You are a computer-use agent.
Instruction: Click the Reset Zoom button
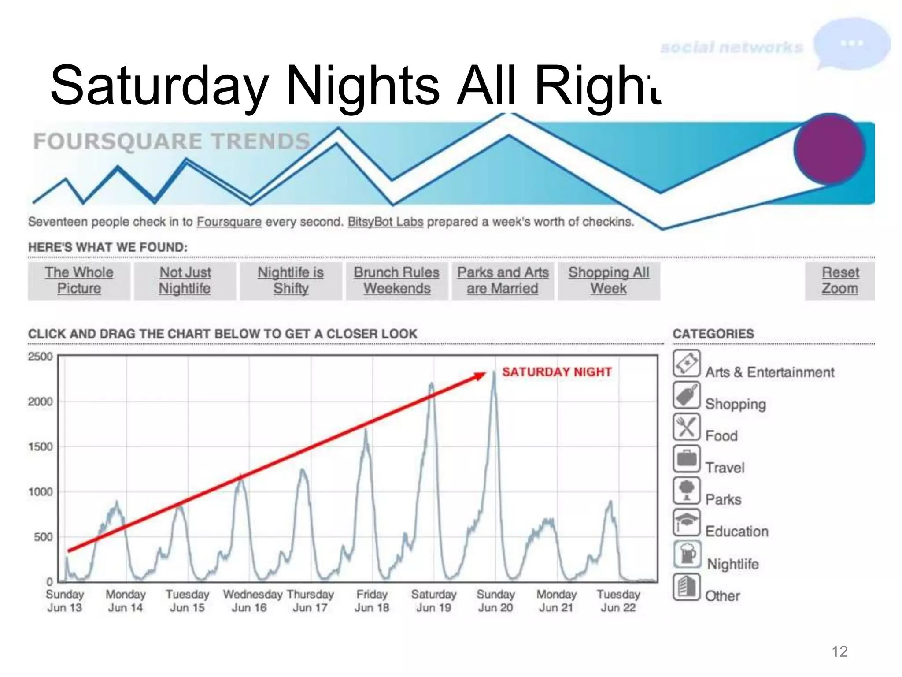click(840, 281)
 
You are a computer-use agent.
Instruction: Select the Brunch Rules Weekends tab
click(397, 281)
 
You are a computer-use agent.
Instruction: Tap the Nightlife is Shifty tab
click(291, 281)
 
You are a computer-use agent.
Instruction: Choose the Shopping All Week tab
click(609, 281)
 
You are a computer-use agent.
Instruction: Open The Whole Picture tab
click(79, 281)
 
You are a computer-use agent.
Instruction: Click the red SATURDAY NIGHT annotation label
click(557, 372)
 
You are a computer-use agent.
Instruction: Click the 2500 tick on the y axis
click(40, 356)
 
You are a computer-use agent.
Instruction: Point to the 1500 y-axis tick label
click(40, 446)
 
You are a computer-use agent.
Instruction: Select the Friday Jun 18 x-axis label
click(372, 601)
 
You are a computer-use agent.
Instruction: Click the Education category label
click(736, 532)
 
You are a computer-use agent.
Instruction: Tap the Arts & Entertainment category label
click(769, 372)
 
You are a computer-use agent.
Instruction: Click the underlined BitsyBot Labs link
click(385, 222)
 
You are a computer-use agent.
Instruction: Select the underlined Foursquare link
click(229, 222)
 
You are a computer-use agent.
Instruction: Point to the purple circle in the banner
click(829, 149)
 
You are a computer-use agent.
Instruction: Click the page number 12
click(839, 651)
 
